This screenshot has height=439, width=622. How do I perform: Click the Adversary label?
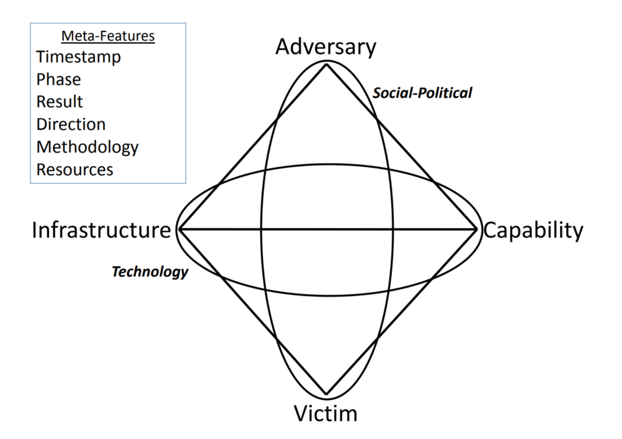(326, 48)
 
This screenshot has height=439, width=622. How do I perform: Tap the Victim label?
(325, 413)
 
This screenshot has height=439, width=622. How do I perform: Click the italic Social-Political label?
(422, 93)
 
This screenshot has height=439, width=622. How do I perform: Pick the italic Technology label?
(150, 272)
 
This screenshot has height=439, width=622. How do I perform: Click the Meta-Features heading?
(108, 37)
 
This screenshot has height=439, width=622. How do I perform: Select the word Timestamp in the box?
(78, 57)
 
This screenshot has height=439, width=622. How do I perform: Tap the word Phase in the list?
(58, 79)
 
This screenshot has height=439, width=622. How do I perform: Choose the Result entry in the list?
(60, 102)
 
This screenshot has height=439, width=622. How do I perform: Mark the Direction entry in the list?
(71, 124)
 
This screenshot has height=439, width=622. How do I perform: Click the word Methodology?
(87, 147)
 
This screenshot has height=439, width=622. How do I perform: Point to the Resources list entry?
(75, 169)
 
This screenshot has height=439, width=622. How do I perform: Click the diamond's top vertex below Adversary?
(326, 64)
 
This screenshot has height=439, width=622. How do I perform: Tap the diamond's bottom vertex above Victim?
(326, 394)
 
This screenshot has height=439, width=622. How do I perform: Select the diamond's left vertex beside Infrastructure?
(179, 230)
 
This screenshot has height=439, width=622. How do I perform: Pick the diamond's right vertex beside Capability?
(477, 230)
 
